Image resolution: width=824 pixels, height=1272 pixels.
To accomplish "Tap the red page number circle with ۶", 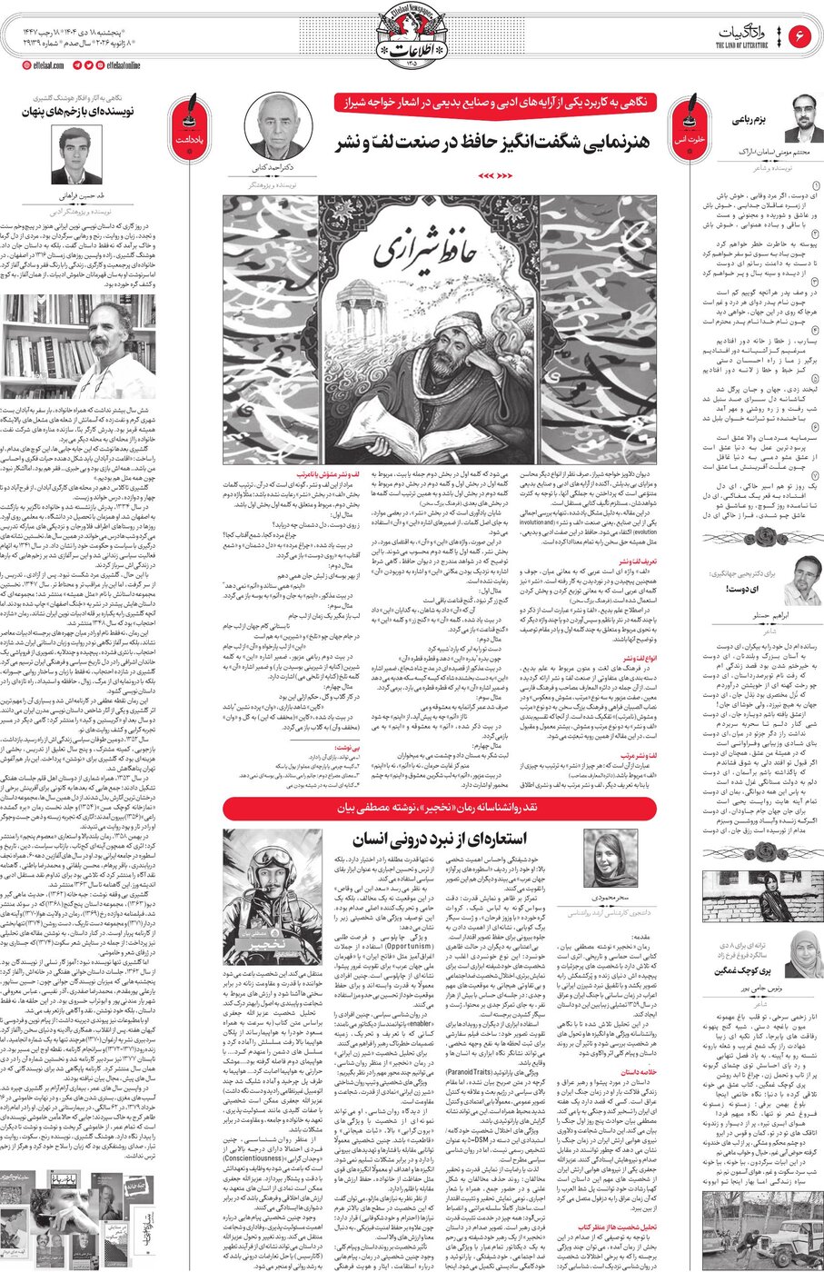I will tap(801, 37).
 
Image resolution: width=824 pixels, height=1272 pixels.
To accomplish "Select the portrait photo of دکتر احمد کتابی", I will tap(280, 126).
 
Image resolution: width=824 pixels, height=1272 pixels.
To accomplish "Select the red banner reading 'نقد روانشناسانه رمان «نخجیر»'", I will tap(441, 807).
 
